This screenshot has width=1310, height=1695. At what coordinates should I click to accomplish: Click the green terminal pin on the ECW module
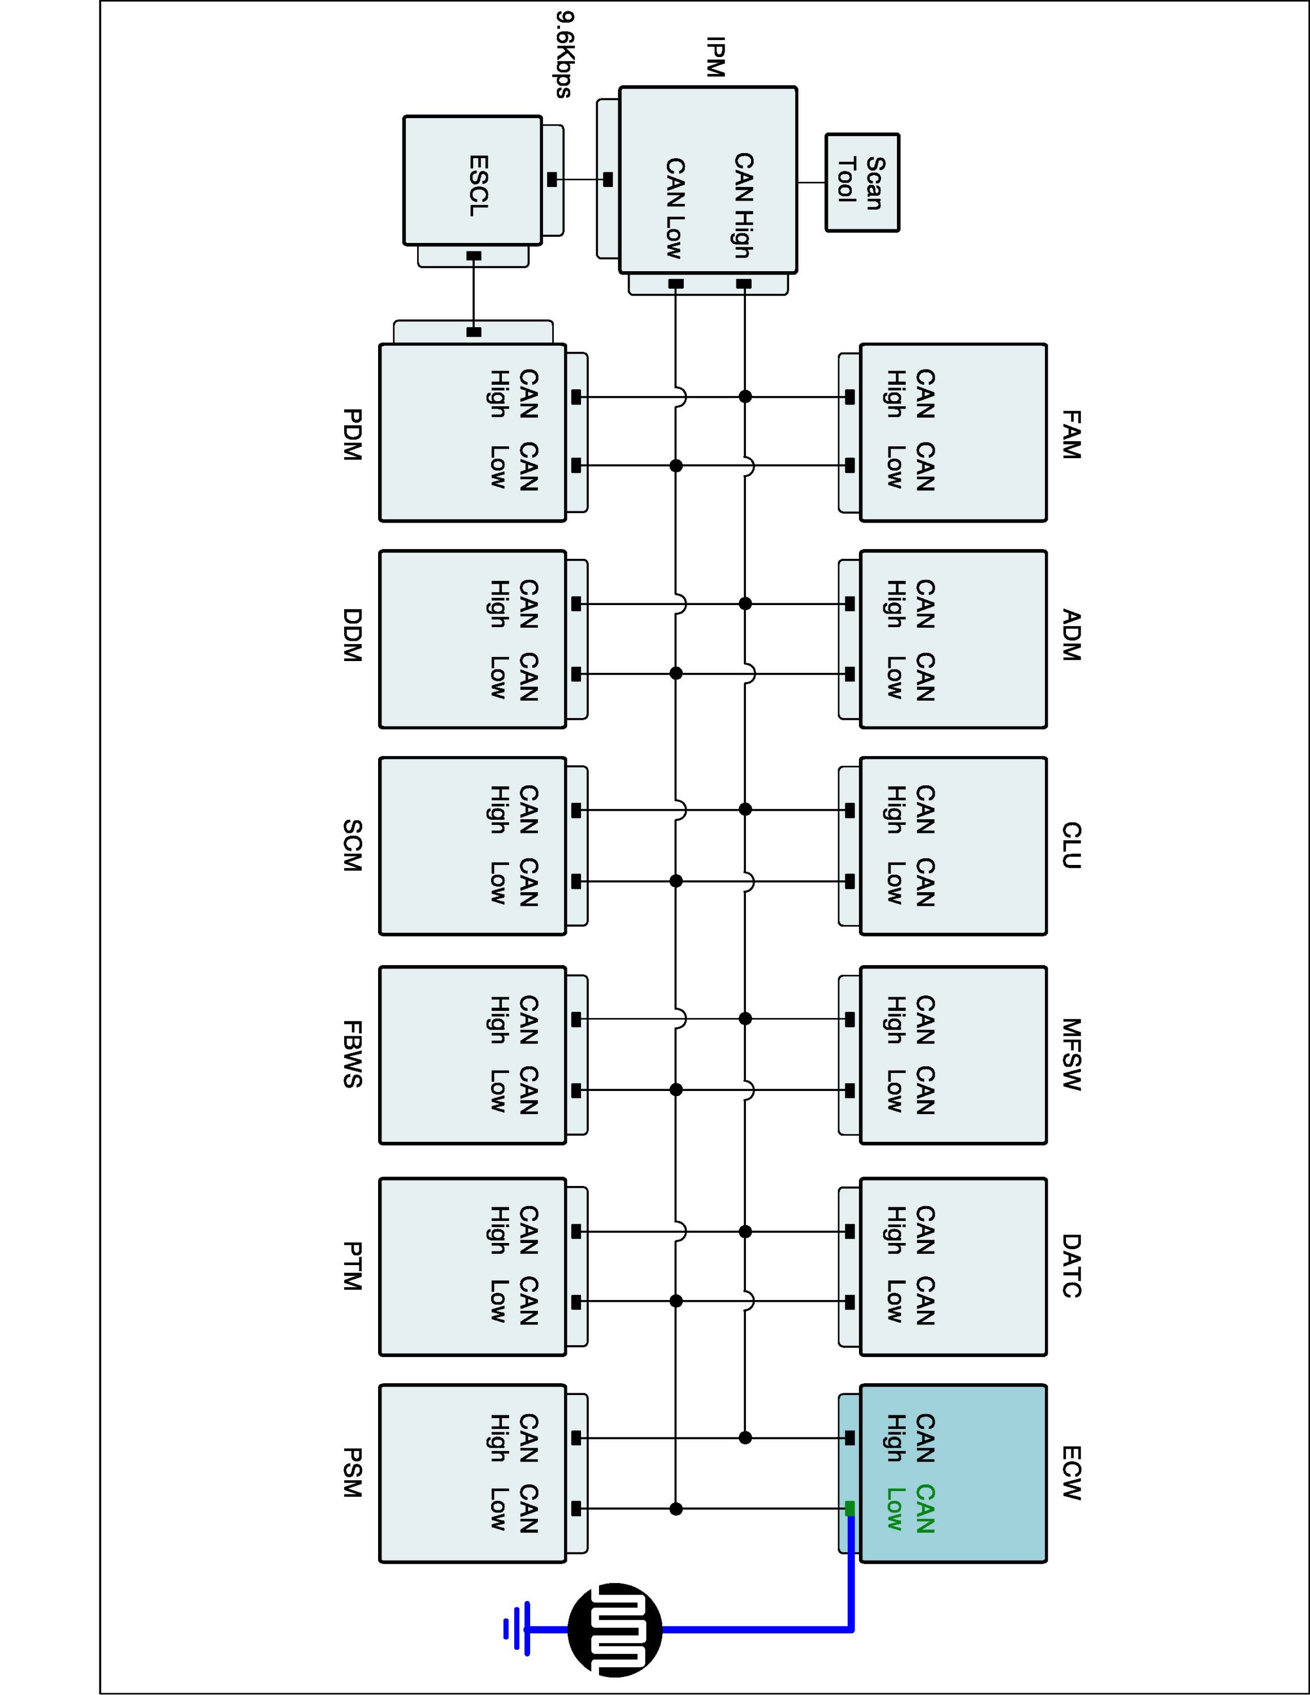click(850, 1508)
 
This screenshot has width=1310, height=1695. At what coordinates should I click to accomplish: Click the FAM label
click(1071, 436)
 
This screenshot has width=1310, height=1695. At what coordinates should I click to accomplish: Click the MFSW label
click(1071, 1055)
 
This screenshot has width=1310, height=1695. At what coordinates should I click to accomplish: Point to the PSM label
click(352, 1472)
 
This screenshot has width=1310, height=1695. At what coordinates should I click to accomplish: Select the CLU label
click(1071, 846)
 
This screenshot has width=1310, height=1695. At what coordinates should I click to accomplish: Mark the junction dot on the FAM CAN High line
click(745, 397)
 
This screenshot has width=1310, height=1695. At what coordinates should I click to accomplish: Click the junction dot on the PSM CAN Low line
click(676, 1509)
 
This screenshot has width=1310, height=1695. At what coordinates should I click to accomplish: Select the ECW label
click(1071, 1472)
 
